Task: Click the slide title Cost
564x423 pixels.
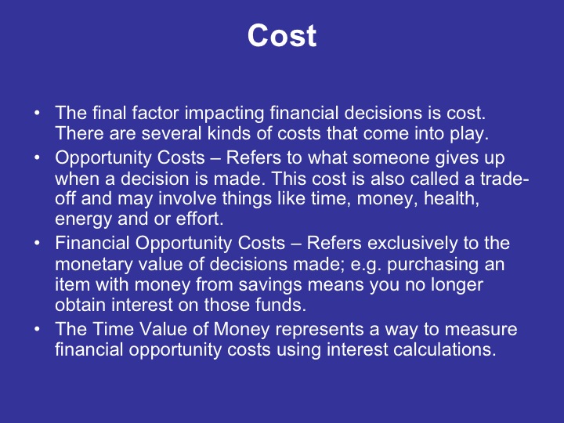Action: tap(282, 36)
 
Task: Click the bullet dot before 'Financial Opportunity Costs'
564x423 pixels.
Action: tap(38, 244)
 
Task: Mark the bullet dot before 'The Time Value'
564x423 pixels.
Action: tap(38, 330)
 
